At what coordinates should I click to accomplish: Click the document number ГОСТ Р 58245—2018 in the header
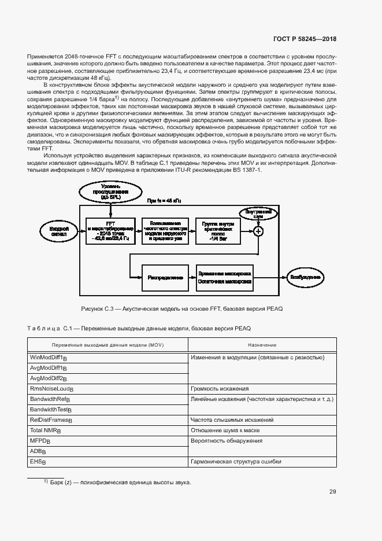pyautogui.click(x=305, y=39)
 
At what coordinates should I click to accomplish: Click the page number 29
pyautogui.click(x=333, y=492)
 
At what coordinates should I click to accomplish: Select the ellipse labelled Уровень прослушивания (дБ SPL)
pyautogui.click(x=110, y=192)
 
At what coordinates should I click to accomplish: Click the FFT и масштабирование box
pyautogui.click(x=110, y=231)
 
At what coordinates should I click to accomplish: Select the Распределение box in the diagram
pyautogui.click(x=165, y=277)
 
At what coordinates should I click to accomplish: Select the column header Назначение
pyautogui.click(x=262, y=345)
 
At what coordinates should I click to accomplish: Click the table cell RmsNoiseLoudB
pyautogui.click(x=52, y=389)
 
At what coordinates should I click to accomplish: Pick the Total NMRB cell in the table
pyautogui.click(x=46, y=430)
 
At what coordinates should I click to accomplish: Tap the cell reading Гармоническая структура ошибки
pyautogui.click(x=236, y=462)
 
